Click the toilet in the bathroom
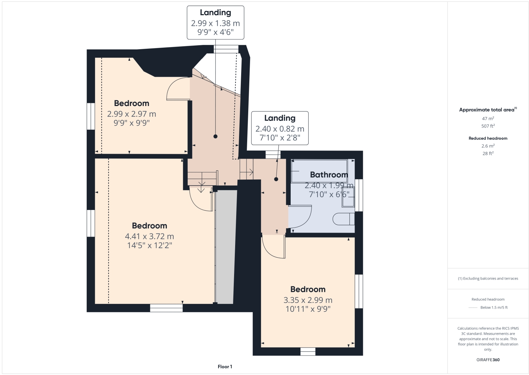point(343,219)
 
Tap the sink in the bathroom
point(348,197)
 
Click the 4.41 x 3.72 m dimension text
point(149,236)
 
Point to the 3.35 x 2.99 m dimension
point(308,300)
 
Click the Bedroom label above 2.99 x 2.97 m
point(132,104)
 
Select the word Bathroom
point(329,175)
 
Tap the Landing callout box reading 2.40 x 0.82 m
point(280,128)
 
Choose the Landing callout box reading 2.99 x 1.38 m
point(215,22)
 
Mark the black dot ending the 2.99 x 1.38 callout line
point(215,136)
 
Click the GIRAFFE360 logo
point(488,360)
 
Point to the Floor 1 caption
point(225,367)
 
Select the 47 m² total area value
point(488,118)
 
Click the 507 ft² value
point(488,126)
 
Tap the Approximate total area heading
point(487,110)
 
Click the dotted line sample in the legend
point(473,307)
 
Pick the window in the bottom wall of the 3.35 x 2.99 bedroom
point(308,351)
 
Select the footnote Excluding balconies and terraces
point(488,279)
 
